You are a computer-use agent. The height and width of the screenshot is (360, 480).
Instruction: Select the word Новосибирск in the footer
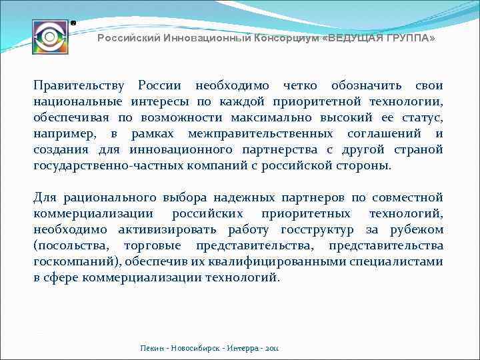click(195, 348)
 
